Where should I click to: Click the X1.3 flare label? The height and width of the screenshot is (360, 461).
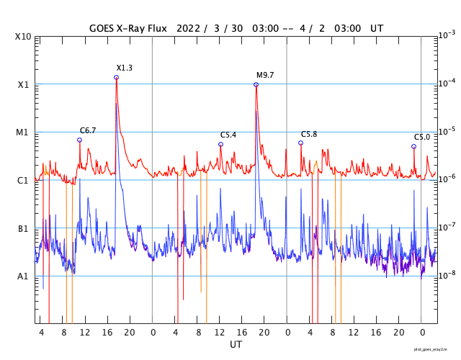(125, 68)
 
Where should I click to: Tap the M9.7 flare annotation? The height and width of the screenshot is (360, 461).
(265, 75)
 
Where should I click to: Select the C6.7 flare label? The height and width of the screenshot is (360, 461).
(88, 130)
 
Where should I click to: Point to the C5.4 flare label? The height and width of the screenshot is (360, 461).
(228, 135)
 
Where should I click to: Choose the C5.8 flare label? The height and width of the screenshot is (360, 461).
(309, 134)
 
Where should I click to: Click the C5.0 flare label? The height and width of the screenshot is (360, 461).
(421, 137)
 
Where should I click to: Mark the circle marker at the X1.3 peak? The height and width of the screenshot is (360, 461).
(116, 78)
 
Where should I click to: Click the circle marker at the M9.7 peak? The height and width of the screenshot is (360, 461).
(256, 84)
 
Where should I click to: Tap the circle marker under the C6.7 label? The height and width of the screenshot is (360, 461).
(79, 140)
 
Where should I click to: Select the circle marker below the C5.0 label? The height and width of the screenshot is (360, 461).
(413, 146)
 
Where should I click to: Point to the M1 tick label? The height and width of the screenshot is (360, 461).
(23, 132)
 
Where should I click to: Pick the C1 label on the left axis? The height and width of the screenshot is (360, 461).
(24, 180)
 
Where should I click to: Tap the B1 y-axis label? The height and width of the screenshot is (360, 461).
(24, 228)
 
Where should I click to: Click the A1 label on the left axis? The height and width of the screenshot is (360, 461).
(24, 276)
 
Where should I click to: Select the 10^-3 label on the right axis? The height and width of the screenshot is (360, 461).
(447, 35)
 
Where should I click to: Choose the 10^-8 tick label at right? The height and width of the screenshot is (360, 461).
(447, 275)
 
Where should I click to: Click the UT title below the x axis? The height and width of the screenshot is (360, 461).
(236, 345)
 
